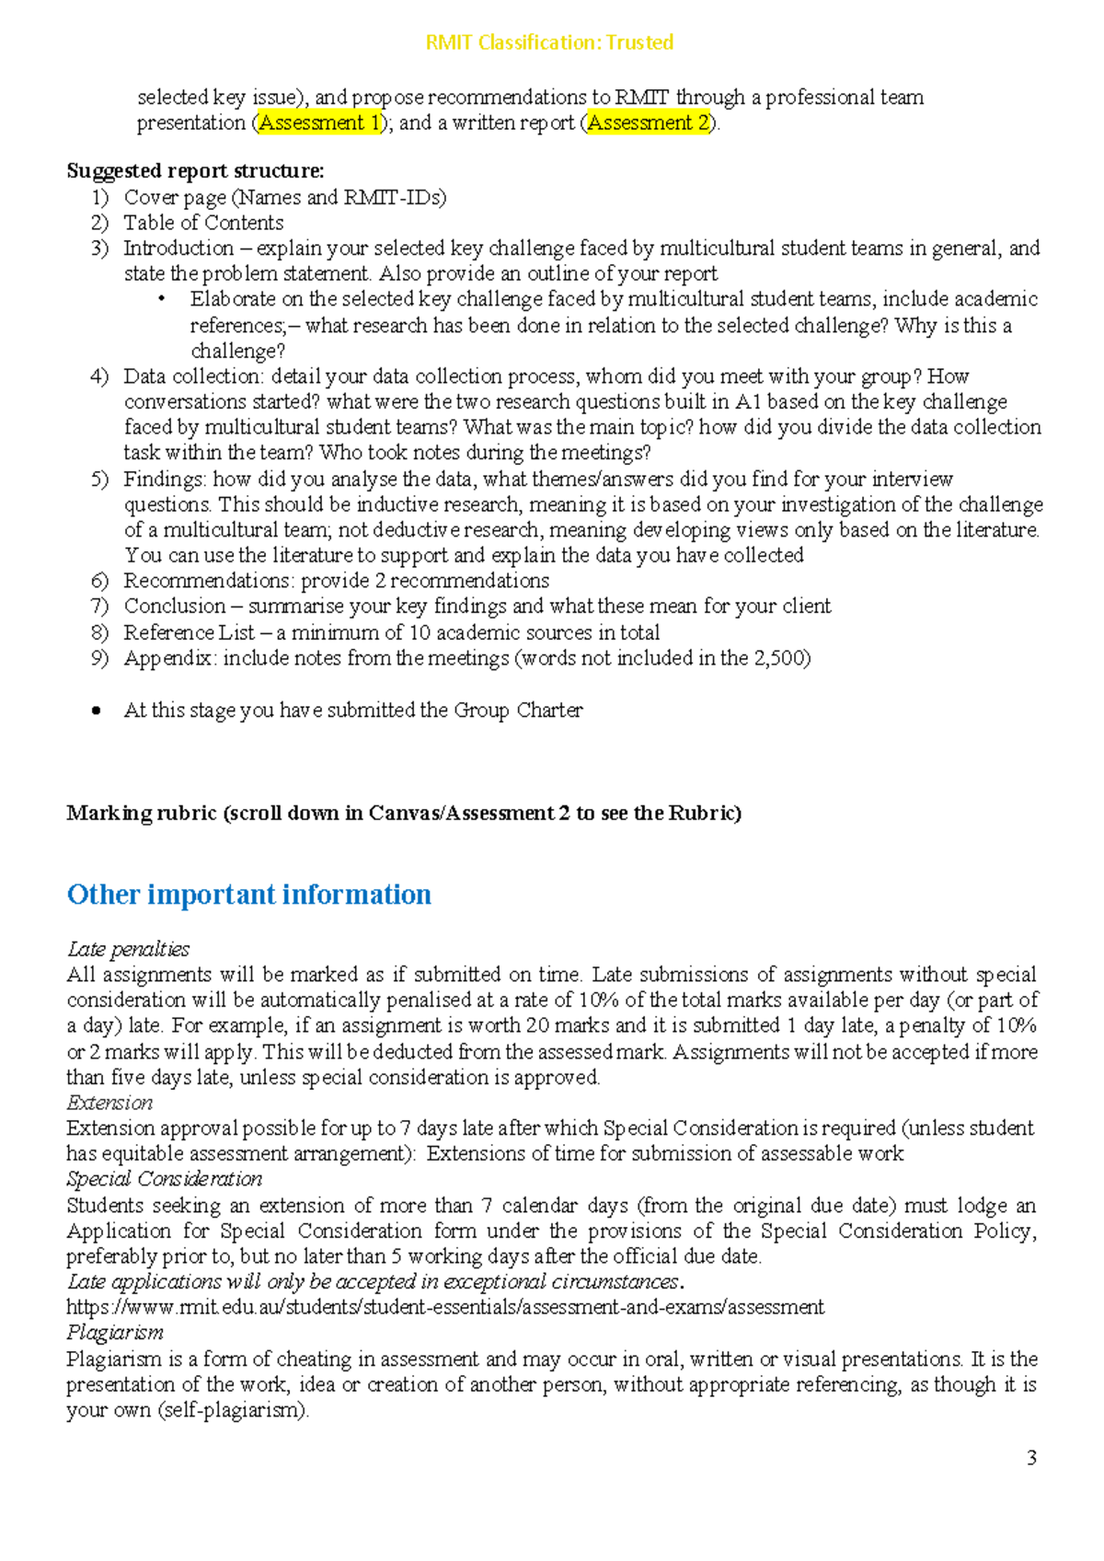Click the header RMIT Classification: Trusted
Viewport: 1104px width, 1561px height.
[549, 42]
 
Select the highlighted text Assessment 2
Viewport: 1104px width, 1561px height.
[649, 123]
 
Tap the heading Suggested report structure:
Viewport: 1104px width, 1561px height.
[195, 171]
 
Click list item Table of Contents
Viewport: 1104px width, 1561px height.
[203, 223]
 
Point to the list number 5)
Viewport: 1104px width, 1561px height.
[99, 480]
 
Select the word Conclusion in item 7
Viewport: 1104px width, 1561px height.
[175, 607]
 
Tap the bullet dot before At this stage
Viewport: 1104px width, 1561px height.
[97, 711]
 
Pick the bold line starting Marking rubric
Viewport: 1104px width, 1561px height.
[403, 814]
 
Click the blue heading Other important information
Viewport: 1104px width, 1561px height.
[248, 895]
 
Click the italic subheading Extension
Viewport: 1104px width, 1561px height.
[109, 1103]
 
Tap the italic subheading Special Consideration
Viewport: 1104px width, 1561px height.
[164, 1179]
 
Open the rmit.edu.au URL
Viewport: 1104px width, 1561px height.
[445, 1307]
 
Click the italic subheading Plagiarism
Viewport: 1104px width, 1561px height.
[115, 1333]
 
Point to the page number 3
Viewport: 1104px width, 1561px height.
[1031, 1458]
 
